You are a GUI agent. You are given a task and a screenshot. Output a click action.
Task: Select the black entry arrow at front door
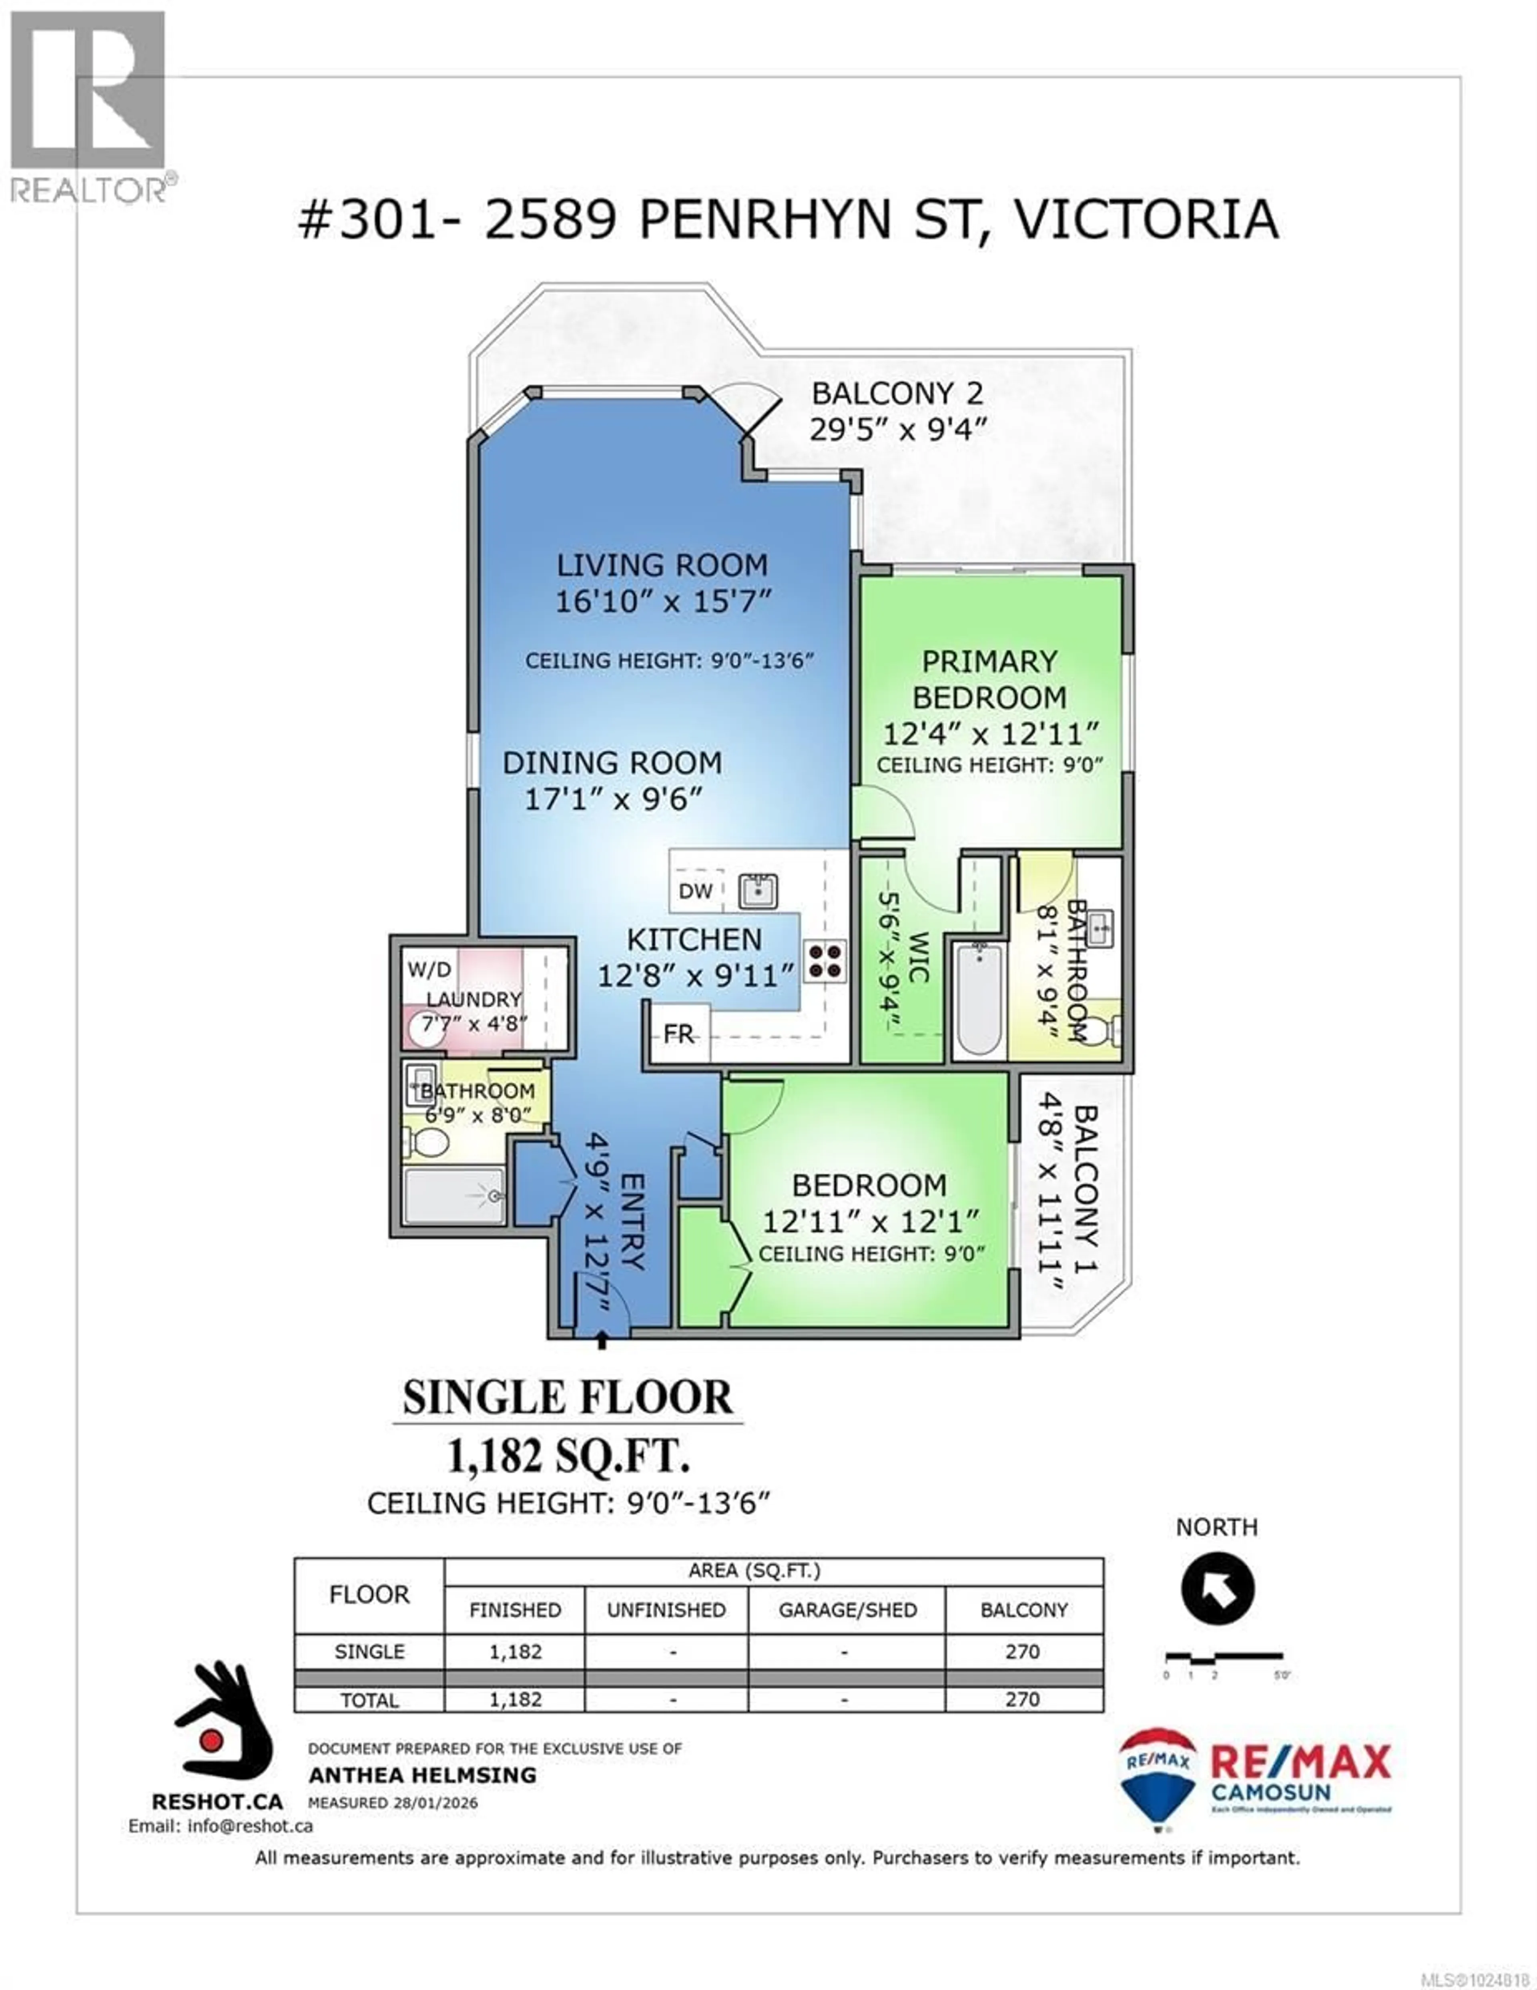600,1337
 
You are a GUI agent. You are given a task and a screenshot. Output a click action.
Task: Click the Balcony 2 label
897,394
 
